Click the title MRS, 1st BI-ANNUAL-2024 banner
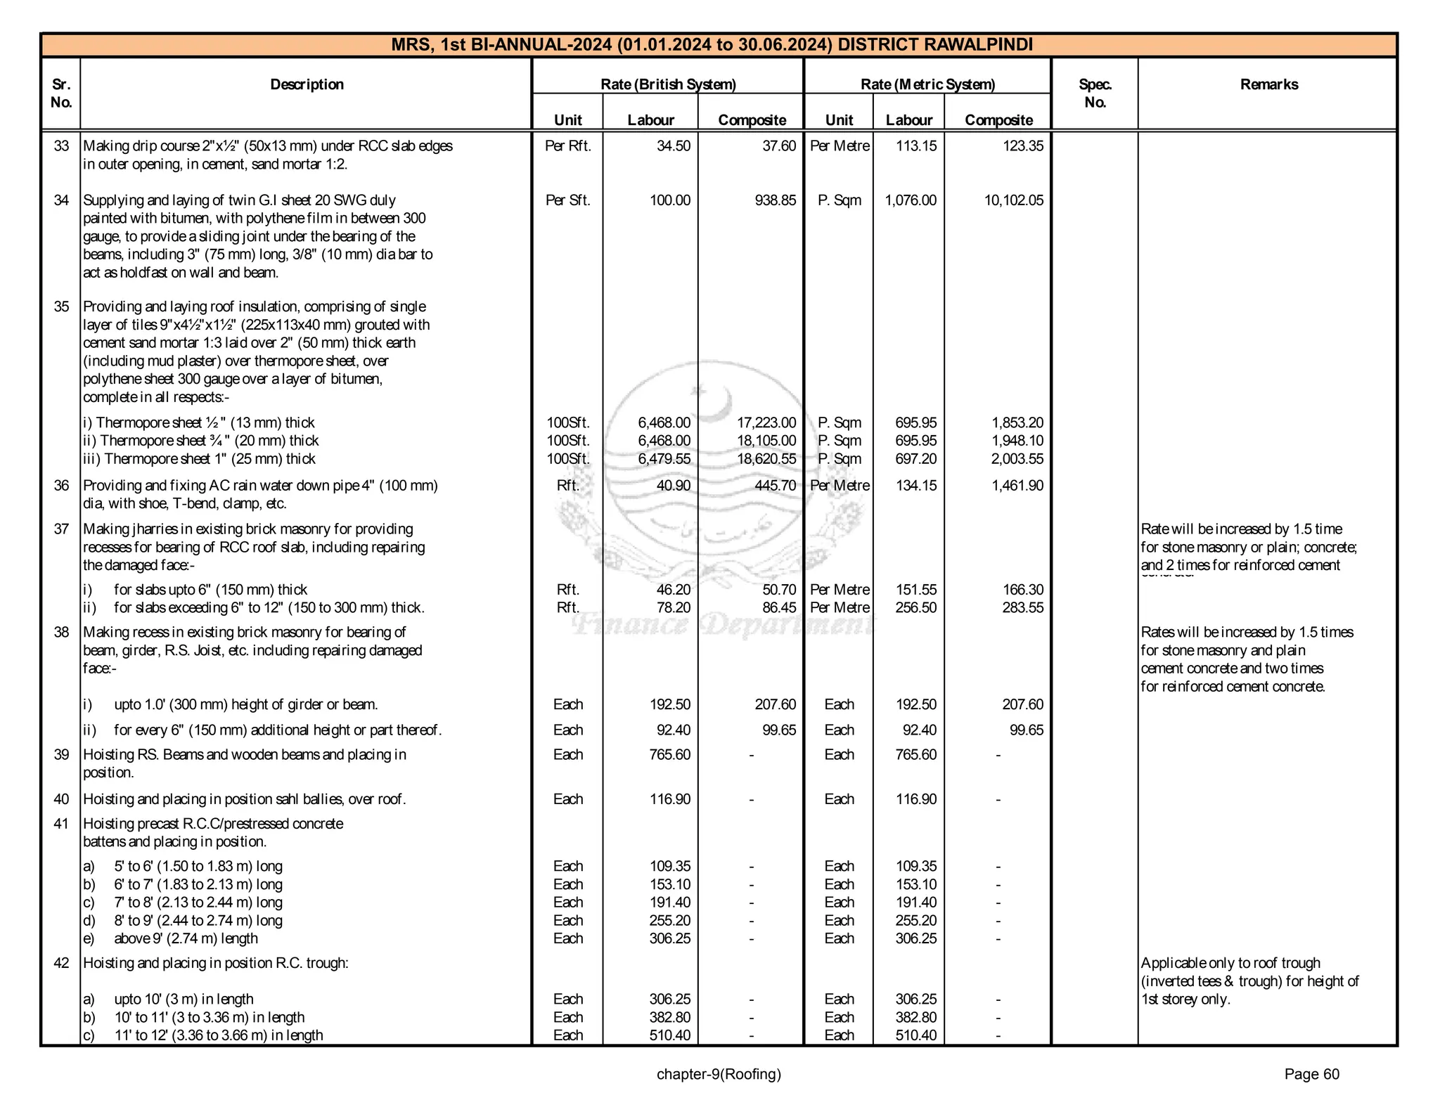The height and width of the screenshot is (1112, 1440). coord(712,45)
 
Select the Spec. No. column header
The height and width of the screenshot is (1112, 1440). coord(1095,93)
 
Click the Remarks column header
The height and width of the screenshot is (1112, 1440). coord(1268,85)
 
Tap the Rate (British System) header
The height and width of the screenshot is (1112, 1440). coord(667,85)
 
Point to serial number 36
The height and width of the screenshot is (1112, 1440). coord(61,486)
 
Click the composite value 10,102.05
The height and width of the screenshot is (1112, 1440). coord(1013,201)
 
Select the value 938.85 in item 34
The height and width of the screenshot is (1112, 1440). coord(776,201)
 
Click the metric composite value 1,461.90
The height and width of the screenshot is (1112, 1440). coord(1017,486)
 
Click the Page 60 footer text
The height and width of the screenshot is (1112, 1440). coord(1311,1074)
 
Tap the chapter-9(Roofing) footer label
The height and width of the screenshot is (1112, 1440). coord(719,1074)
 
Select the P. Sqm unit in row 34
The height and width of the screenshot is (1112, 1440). coord(839,201)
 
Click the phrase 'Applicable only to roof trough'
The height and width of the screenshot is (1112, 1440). coord(1230,964)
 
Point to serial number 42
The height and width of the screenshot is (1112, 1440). coord(61,964)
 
